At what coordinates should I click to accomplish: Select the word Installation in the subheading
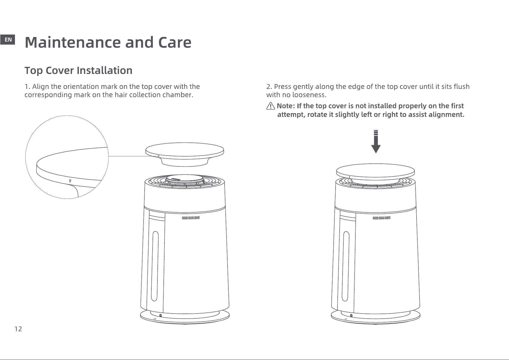click(105, 70)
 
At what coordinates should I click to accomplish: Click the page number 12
click(18, 329)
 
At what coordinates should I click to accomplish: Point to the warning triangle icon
click(271, 106)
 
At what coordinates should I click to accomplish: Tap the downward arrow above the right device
click(376, 142)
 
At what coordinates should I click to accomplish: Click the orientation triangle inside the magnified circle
click(70, 181)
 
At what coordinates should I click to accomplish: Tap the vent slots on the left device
click(191, 218)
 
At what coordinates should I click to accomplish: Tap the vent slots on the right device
click(381, 218)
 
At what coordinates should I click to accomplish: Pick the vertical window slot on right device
click(346, 266)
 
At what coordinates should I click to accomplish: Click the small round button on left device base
click(161, 315)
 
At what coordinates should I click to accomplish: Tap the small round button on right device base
click(352, 315)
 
